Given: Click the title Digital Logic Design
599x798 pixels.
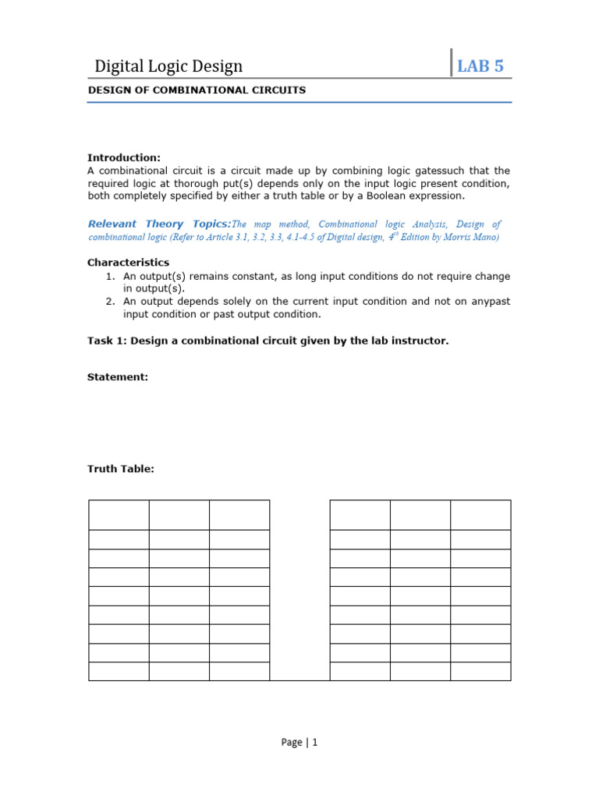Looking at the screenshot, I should pos(168,66).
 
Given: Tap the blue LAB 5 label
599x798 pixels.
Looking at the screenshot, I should pos(480,66).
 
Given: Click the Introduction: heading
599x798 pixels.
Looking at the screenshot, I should pos(123,157).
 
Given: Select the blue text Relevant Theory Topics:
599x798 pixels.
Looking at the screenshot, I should pos(158,224).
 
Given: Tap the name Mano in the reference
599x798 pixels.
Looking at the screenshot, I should pos(485,237).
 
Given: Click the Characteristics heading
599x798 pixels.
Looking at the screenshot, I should pos(128,263).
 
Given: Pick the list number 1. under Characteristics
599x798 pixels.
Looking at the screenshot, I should pos(112,276).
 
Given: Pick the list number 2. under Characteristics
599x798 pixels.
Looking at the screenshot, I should pos(112,302).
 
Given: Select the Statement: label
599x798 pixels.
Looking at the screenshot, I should pos(117,377).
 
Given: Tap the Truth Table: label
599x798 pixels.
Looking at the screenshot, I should pos(121,469).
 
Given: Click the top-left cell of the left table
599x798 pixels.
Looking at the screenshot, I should pos(119,515).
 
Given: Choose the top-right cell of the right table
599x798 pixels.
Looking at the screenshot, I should pos(480,515).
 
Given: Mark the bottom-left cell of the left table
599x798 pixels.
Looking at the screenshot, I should pos(119,671).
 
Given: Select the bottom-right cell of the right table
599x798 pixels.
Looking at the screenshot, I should pos(480,671).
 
